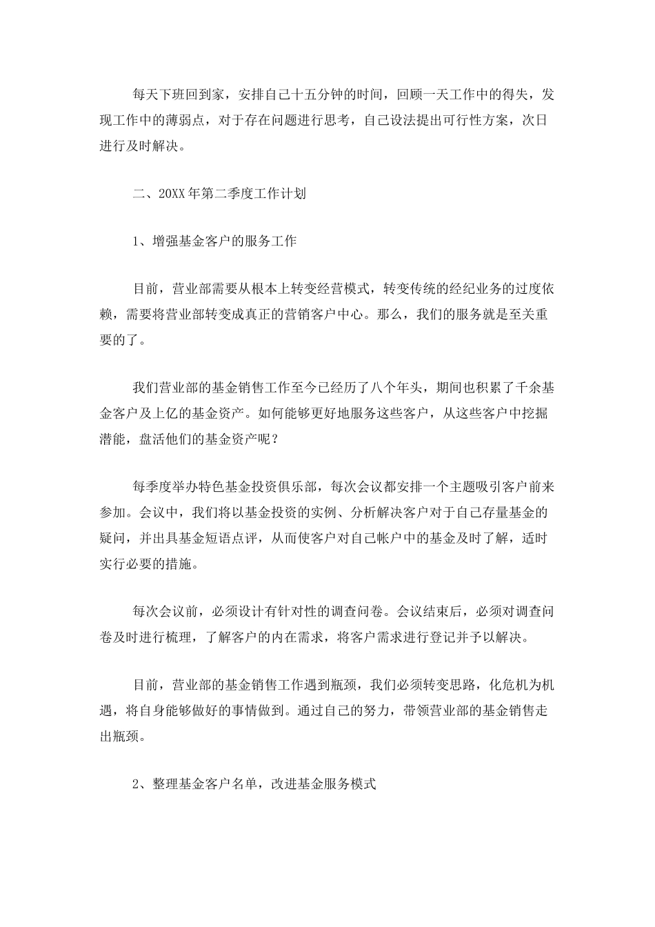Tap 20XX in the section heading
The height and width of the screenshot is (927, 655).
click(172, 194)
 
